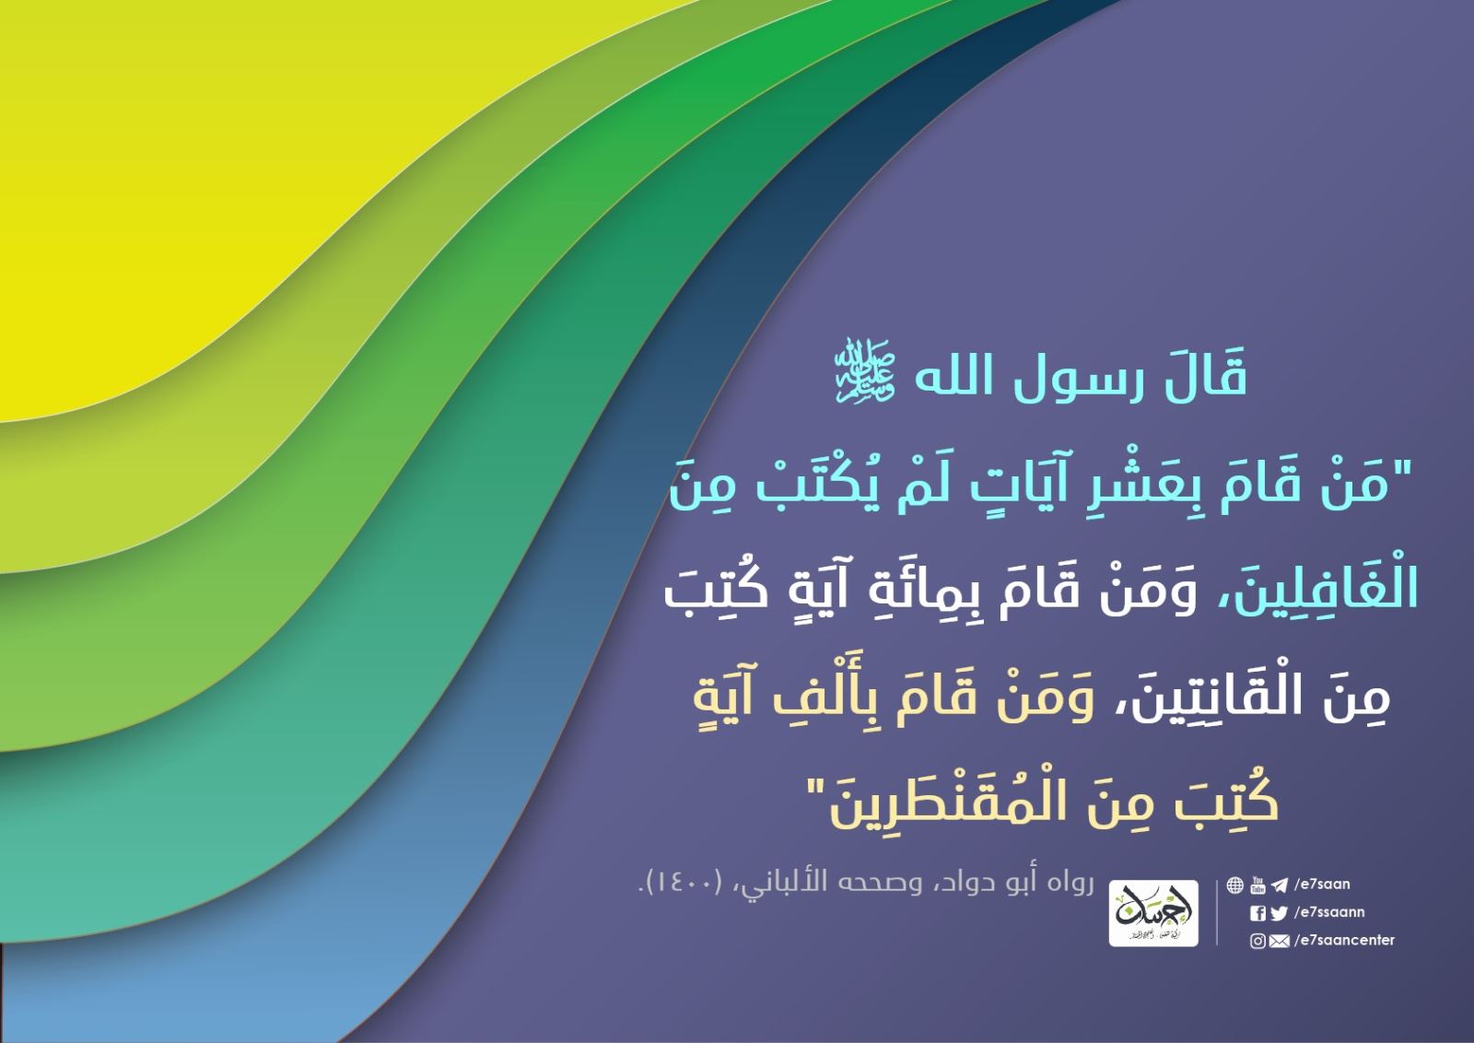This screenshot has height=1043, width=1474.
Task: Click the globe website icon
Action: tap(1235, 885)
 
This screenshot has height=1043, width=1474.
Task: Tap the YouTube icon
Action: tap(1258, 885)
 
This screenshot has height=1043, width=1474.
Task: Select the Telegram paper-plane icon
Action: tap(1280, 885)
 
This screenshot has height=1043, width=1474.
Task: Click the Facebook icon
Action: tap(1258, 913)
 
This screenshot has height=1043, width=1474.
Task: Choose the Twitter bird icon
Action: tap(1279, 913)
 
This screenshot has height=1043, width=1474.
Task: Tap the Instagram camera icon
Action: tap(1258, 942)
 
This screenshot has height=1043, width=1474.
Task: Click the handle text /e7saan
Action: tap(1322, 885)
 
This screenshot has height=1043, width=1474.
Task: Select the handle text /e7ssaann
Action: tap(1329, 913)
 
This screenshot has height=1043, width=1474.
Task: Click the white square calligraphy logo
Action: tap(1153, 913)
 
